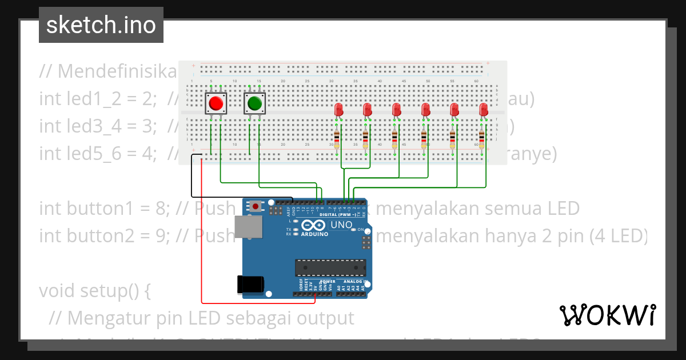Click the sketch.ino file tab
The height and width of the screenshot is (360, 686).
[x=101, y=25]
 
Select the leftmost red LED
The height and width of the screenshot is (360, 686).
[x=339, y=109]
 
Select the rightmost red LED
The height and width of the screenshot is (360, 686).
[x=484, y=109]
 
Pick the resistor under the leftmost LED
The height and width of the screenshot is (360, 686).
[x=337, y=138]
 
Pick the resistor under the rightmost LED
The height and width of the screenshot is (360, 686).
[x=481, y=138]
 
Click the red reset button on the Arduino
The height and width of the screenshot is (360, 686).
[x=256, y=206]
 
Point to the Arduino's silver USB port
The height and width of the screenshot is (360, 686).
[x=248, y=227]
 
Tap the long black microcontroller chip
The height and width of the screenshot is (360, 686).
[x=330, y=267]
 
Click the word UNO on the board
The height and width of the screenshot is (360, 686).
[x=341, y=225]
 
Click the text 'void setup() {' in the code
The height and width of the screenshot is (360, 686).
[x=94, y=290]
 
